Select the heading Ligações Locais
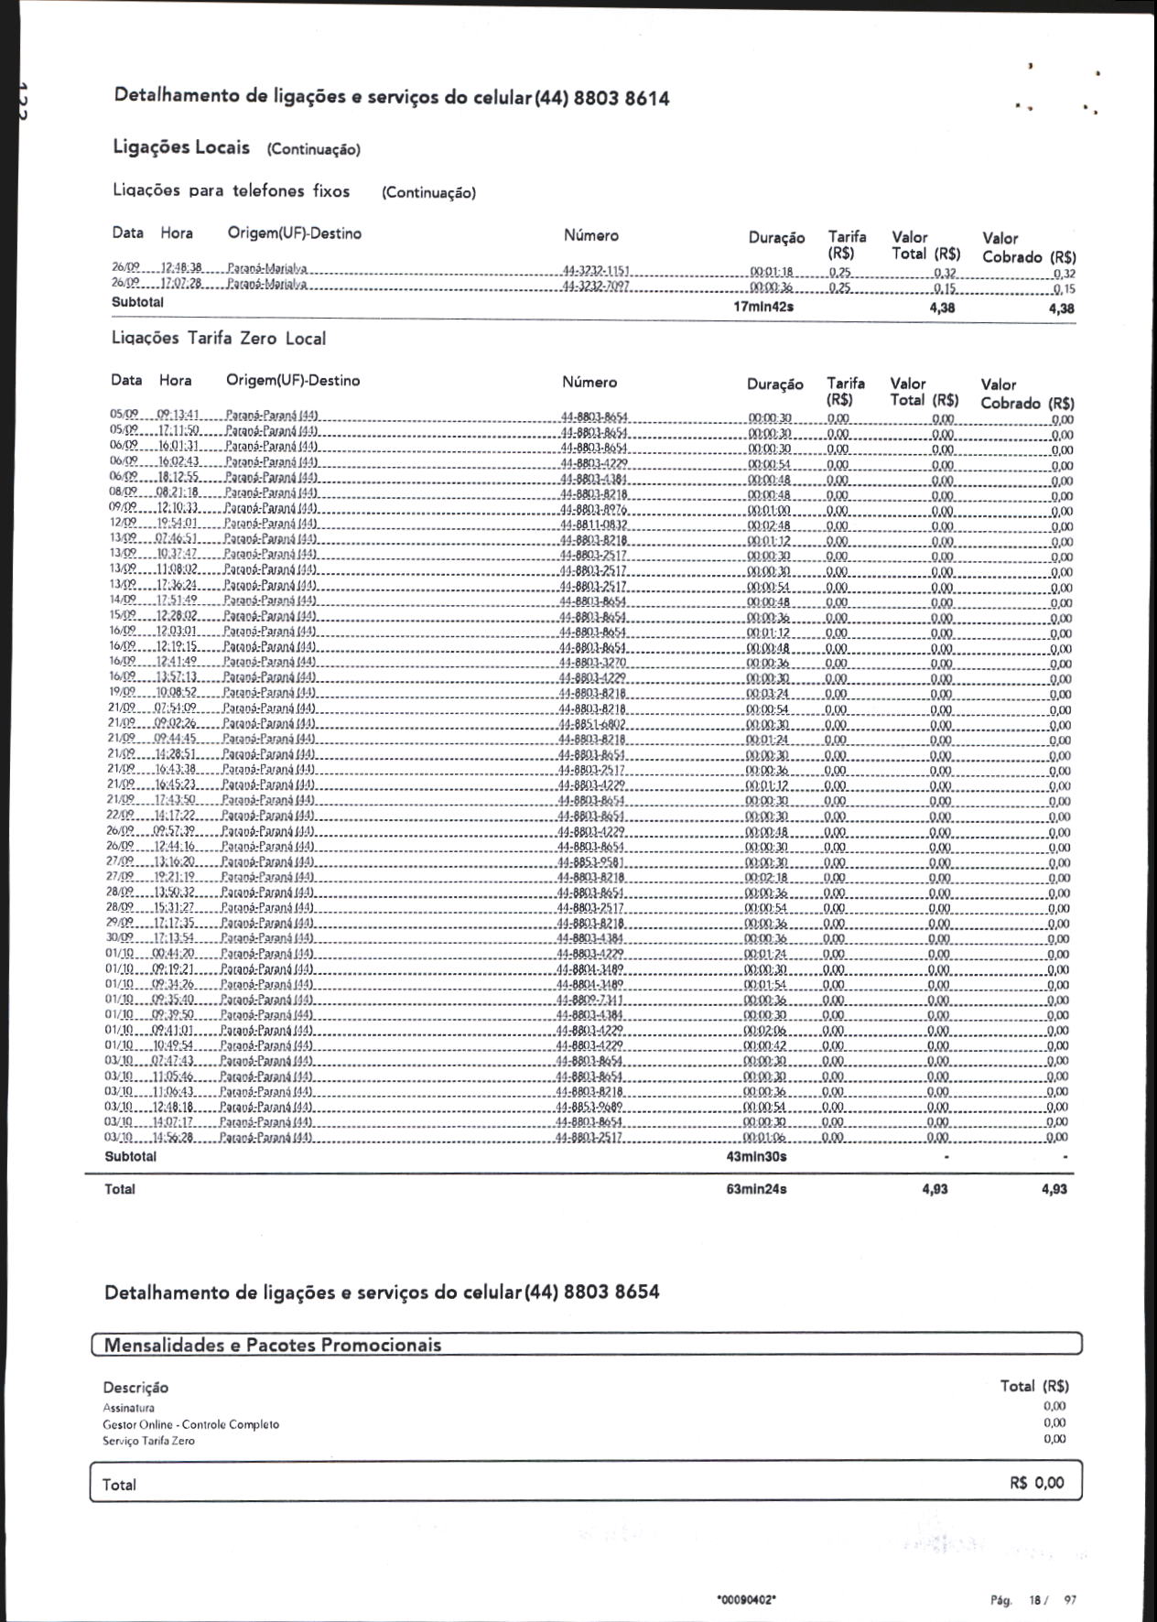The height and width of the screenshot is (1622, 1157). pos(181,147)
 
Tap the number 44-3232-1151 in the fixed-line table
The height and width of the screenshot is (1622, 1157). pos(595,272)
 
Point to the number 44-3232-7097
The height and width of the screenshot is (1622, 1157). pos(595,287)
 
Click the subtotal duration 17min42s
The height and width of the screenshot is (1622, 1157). pos(763,307)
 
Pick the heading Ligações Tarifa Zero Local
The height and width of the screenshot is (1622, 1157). pos(218,339)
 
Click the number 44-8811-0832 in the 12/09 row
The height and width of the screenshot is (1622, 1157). pos(593,525)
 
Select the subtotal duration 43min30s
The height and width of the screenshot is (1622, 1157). pos(756,1157)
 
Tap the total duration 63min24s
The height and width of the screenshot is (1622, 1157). pos(756,1190)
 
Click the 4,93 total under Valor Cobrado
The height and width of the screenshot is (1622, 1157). pos(1054,1190)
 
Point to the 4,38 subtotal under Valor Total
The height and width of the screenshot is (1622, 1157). pos(942,308)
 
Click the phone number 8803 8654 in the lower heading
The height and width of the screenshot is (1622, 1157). pos(611,1292)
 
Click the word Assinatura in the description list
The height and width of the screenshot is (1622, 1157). pos(129,1409)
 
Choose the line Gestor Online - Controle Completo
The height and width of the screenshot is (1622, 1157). pos(191,1425)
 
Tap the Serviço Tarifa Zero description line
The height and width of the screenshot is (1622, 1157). pos(149,1441)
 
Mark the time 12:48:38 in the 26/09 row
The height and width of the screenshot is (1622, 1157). pos(181,269)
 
